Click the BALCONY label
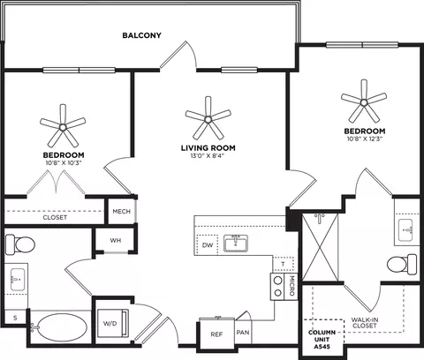pyautogui.click(x=142, y=35)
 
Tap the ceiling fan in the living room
pyautogui.click(x=208, y=119)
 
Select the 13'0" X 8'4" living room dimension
pyautogui.click(x=208, y=156)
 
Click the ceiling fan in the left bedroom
pyautogui.click(x=63, y=127)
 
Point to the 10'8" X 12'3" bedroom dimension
pyautogui.click(x=365, y=139)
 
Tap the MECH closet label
pyautogui.click(x=121, y=212)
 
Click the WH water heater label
pyautogui.click(x=116, y=241)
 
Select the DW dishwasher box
pyautogui.click(x=208, y=245)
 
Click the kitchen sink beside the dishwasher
pyautogui.click(x=236, y=244)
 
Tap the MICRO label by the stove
pyautogui.click(x=291, y=286)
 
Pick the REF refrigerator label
pyautogui.click(x=216, y=334)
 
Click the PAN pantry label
pyautogui.click(x=243, y=333)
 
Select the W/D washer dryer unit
pyautogui.click(x=113, y=323)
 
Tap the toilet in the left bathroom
pyautogui.click(x=20, y=244)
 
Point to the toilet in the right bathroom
pyautogui.click(x=402, y=265)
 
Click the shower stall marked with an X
pyautogui.click(x=321, y=247)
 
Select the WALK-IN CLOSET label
pyautogui.click(x=365, y=323)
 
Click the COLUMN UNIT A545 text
pyautogui.click(x=322, y=340)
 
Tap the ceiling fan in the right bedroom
pyautogui.click(x=364, y=102)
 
